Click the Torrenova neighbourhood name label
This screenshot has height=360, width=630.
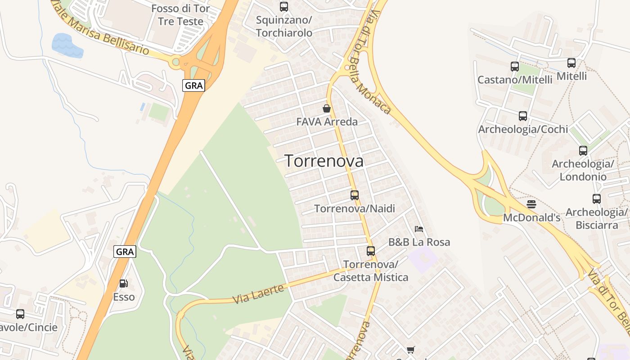[x=324, y=161]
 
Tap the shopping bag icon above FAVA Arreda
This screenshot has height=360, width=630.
[x=327, y=108]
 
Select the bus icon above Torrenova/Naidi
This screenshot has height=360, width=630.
[x=355, y=195]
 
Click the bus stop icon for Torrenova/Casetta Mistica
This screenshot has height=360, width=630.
[x=371, y=251]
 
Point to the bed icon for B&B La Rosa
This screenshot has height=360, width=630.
[x=419, y=229]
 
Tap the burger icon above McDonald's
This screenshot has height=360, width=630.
[x=531, y=204]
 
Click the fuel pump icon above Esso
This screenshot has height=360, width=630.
[x=123, y=283]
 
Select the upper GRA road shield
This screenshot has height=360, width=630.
[x=194, y=85]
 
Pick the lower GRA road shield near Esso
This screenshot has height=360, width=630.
[x=125, y=252]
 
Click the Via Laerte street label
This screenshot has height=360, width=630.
[x=258, y=294]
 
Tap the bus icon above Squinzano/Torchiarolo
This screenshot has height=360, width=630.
[x=283, y=7]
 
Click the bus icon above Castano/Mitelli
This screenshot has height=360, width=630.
[x=515, y=67]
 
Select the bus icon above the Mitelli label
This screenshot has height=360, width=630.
[x=571, y=63]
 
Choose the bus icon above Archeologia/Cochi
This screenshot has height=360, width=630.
[x=522, y=116]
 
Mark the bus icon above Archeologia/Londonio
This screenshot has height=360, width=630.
[x=583, y=151]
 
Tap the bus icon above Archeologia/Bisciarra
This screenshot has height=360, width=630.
[x=597, y=198]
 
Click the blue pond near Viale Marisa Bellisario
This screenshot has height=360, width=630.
[x=67, y=45]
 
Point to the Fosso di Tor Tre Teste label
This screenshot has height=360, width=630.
[x=180, y=15]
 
